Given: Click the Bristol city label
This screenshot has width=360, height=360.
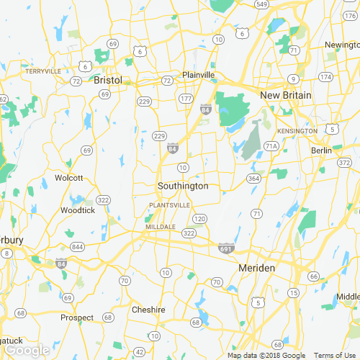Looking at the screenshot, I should pyautogui.click(x=108, y=81).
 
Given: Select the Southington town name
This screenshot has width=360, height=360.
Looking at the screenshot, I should pyautogui.click(x=183, y=186).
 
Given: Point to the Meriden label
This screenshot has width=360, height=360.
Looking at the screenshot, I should pyautogui.click(x=256, y=268).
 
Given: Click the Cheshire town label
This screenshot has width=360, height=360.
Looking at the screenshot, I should pyautogui.click(x=148, y=310).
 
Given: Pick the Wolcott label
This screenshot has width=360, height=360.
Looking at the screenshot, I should pyautogui.click(x=69, y=178).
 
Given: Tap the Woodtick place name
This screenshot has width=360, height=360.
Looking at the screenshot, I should pyautogui.click(x=78, y=210).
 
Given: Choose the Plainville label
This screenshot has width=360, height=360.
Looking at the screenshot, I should pyautogui.click(x=199, y=75).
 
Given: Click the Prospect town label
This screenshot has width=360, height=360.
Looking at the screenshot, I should pyautogui.click(x=77, y=318).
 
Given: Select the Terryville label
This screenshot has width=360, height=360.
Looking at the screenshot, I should pyautogui.click(x=42, y=71).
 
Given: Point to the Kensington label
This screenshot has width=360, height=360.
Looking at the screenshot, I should pyautogui.click(x=297, y=131).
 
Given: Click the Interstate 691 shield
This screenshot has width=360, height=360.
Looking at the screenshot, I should pyautogui.click(x=225, y=247).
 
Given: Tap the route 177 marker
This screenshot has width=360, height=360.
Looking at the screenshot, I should pyautogui.click(x=186, y=98).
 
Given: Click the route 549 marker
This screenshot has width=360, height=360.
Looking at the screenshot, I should pyautogui.click(x=261, y=4).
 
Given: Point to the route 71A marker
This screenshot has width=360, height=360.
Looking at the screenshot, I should pyautogui.click(x=271, y=145).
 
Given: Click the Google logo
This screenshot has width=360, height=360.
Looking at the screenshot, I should pyautogui.click(x=27, y=350).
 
